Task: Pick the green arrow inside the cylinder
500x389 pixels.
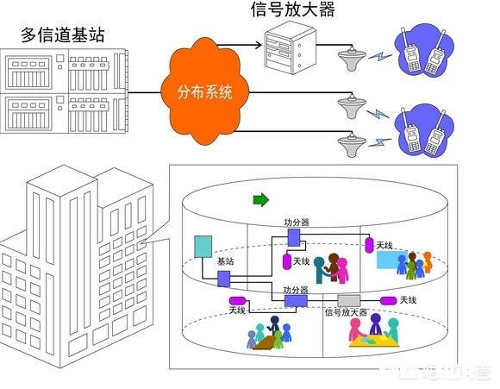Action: tap(260, 200)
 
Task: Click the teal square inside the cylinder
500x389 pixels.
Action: tap(203, 247)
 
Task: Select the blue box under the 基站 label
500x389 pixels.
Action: tap(224, 278)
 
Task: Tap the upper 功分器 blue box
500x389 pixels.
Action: tap(293, 235)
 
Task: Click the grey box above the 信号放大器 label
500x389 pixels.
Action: tap(348, 300)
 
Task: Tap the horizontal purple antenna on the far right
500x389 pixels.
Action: tap(385, 299)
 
